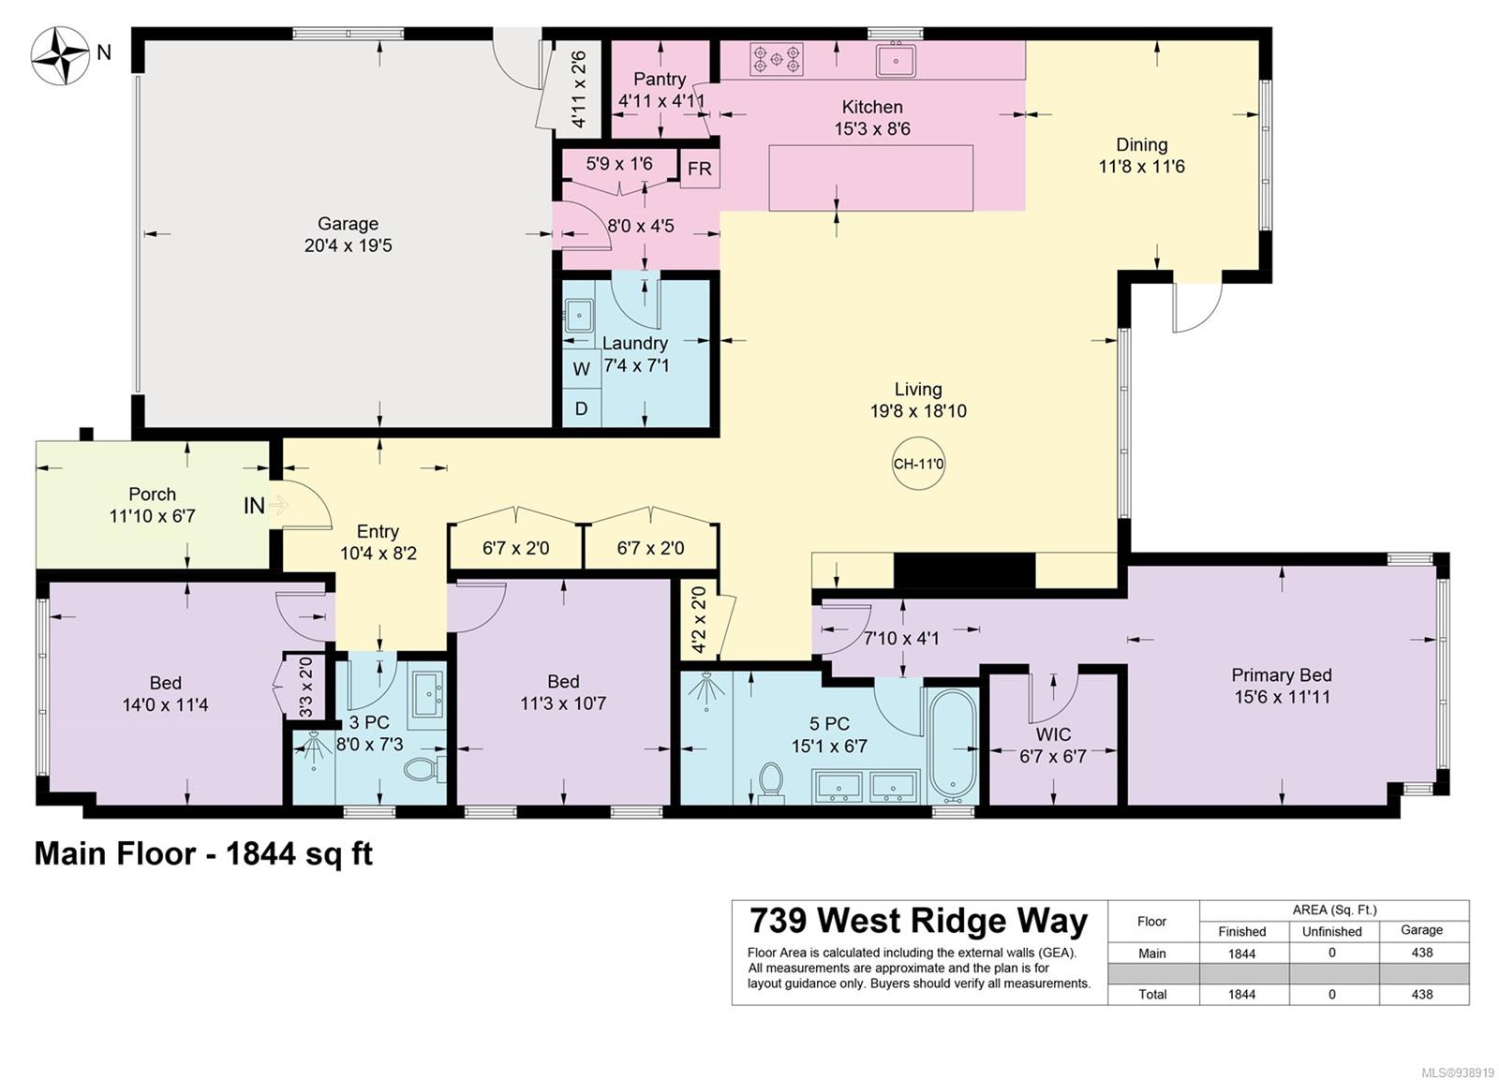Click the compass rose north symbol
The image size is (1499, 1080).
pos(60,56)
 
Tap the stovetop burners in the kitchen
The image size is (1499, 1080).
pos(777,59)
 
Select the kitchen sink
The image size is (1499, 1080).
pos(896,59)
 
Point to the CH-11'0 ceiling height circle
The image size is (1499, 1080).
pos(918,464)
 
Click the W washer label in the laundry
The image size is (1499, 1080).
pos(582,369)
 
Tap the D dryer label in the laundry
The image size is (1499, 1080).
pos(581,408)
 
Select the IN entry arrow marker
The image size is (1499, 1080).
pos(278,505)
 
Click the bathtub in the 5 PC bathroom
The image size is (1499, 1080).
pos(953,747)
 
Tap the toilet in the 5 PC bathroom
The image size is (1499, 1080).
pos(771,783)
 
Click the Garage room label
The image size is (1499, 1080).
pos(348,224)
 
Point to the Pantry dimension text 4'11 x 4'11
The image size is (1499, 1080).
pos(661,102)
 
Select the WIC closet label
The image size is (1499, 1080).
pos(1053,734)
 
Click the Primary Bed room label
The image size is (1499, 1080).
pos(1282,675)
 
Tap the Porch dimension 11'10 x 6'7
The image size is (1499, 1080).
pos(153,516)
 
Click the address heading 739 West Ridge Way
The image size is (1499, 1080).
pos(918,921)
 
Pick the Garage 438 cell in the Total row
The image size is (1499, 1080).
pos(1422,995)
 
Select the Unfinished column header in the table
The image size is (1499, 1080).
pos(1331,931)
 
